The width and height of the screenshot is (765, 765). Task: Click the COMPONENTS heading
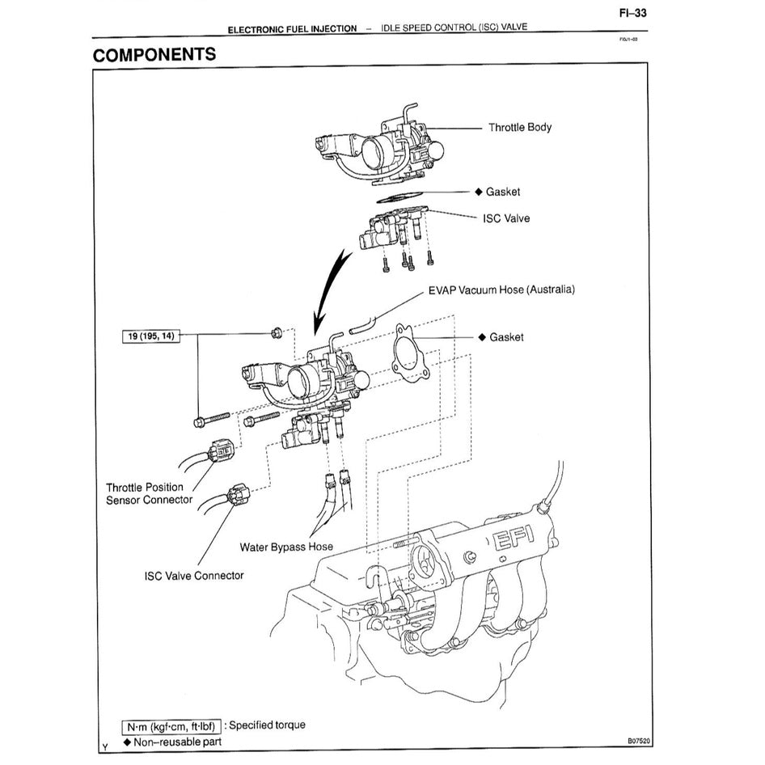154,55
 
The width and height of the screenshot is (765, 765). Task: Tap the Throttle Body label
519,128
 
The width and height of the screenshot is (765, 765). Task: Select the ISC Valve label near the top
506,218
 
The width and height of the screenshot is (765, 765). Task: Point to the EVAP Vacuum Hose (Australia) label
501,290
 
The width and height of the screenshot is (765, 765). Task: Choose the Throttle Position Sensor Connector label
149,493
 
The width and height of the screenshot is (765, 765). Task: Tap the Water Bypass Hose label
285,547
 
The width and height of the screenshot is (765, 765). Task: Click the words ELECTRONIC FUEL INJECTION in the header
292,28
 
